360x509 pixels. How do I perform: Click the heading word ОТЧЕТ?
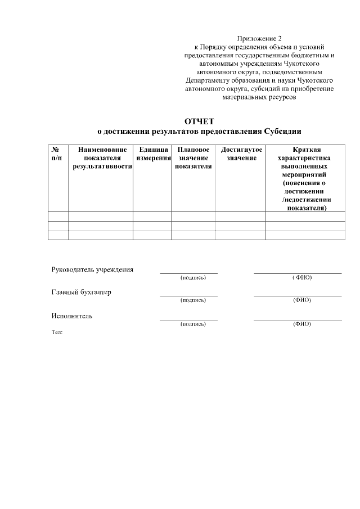click(x=200, y=121)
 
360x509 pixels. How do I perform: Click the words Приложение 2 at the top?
click(x=259, y=38)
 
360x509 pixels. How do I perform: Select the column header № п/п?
click(x=57, y=154)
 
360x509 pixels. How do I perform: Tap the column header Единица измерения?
click(x=153, y=154)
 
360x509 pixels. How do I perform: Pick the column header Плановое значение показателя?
click(x=193, y=158)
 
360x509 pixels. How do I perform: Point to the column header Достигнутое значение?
click(x=241, y=154)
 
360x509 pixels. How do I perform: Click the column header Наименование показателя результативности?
click(x=102, y=158)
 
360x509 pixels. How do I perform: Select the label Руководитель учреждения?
click(x=93, y=269)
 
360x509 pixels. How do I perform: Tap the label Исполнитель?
click(x=72, y=316)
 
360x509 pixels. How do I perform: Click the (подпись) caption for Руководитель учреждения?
click(x=193, y=278)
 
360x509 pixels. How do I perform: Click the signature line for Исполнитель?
click(x=188, y=319)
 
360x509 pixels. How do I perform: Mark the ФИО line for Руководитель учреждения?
click(x=298, y=273)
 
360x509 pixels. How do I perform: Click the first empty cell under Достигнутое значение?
click(x=240, y=217)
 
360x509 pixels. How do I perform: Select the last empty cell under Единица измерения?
click(x=152, y=235)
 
